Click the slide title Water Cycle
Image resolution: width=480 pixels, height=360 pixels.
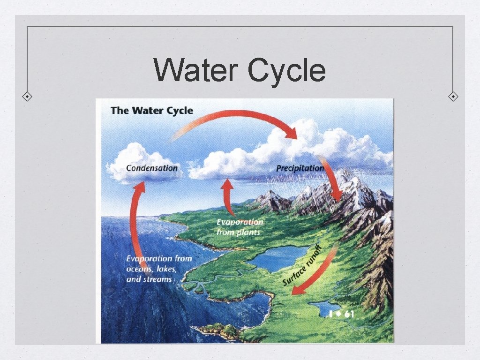pyautogui.click(x=240, y=70)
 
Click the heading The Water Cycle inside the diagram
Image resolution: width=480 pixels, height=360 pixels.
pyautogui.click(x=152, y=111)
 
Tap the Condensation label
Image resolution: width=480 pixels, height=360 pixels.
pyautogui.click(x=152, y=168)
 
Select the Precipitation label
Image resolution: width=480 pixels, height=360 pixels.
pyautogui.click(x=300, y=168)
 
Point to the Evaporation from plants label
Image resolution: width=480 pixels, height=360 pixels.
pyautogui.click(x=240, y=227)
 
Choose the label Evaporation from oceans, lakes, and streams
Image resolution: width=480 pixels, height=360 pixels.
pyautogui.click(x=159, y=269)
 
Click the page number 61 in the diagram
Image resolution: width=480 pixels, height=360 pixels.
pyautogui.click(x=348, y=314)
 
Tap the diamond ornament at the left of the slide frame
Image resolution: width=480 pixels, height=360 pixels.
pyautogui.click(x=28, y=97)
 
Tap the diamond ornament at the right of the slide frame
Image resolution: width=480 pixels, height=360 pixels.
pyautogui.click(x=453, y=97)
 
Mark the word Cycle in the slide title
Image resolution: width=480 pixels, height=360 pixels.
pyautogui.click(x=286, y=70)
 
